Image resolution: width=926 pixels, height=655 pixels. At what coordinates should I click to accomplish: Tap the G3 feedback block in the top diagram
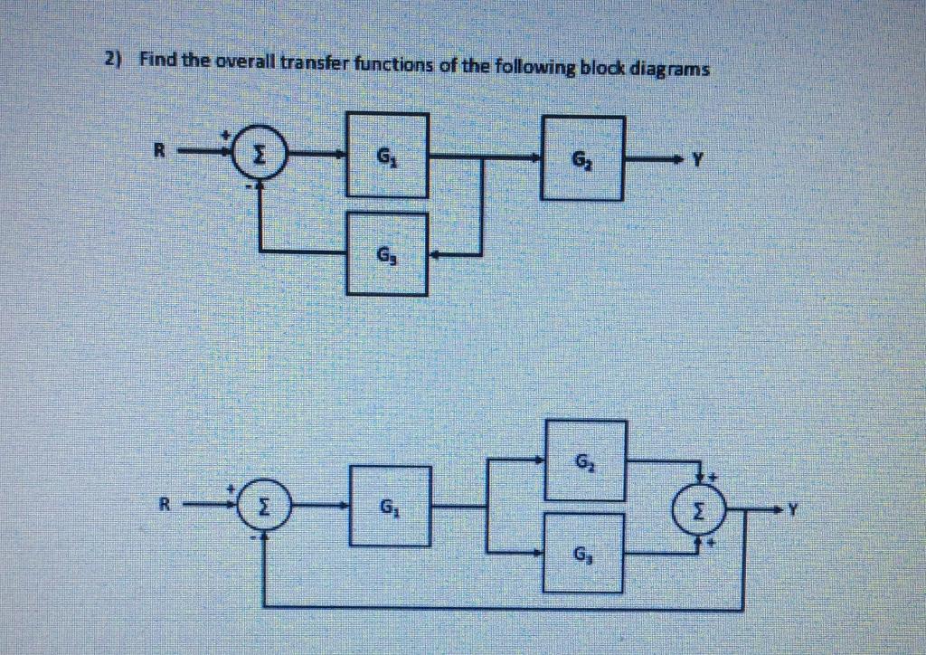tap(389, 254)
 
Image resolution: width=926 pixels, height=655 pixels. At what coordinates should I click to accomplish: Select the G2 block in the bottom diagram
tap(584, 460)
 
